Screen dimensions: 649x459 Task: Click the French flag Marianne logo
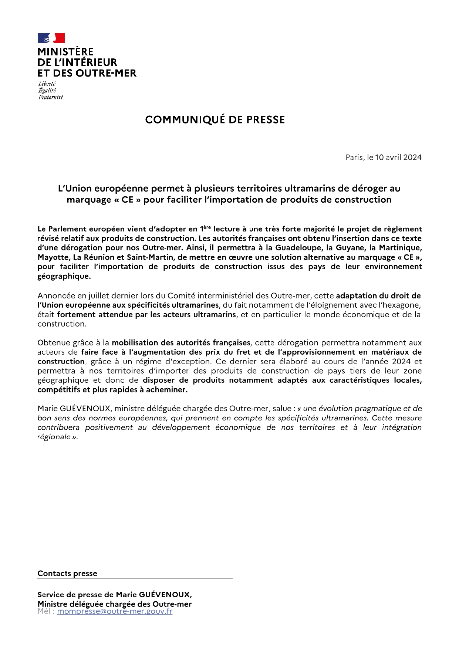point(51,38)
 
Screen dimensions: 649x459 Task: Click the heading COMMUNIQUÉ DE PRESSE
point(215,120)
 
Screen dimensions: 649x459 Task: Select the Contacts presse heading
point(67,574)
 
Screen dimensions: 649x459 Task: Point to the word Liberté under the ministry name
point(47,84)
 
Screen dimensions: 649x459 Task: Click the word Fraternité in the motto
point(51,97)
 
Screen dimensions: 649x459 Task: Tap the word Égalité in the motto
point(47,91)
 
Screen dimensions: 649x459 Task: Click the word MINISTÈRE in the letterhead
point(65,52)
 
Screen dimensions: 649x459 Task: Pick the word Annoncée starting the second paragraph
point(56,296)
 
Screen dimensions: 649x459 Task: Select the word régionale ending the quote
point(54,437)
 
